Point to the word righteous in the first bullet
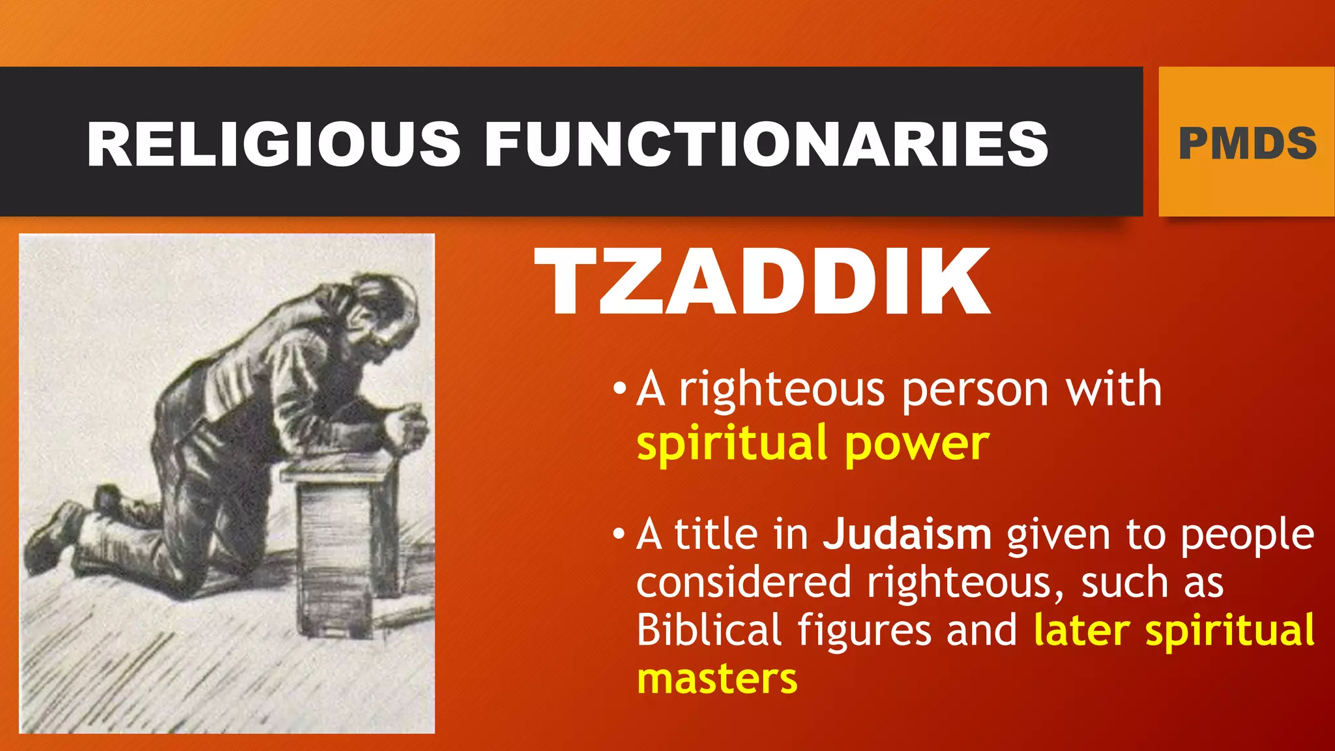click(x=782, y=390)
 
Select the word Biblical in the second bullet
click(x=709, y=630)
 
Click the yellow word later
click(x=1082, y=630)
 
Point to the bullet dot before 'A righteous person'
click(x=619, y=390)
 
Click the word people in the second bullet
click(x=1248, y=535)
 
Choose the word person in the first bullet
click(x=975, y=390)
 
